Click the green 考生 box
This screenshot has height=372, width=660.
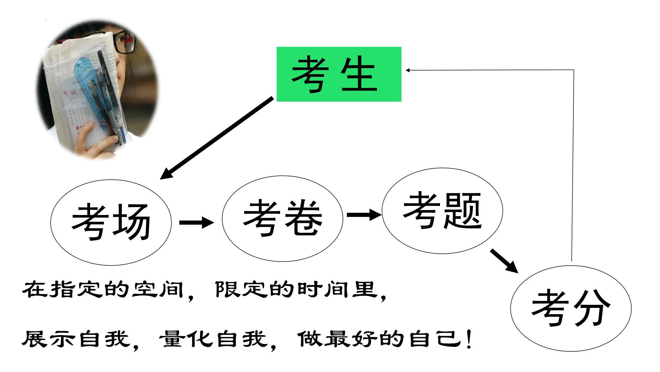tap(339, 74)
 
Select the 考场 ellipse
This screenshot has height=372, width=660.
tap(111, 223)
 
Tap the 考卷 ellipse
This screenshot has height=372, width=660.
tap(282, 218)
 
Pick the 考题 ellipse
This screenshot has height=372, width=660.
tap(442, 211)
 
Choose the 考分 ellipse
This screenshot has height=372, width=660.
tap(571, 308)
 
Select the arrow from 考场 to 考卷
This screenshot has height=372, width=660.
tap(196, 222)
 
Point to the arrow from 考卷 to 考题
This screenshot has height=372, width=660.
tap(364, 215)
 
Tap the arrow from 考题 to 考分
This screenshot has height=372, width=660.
tap(504, 260)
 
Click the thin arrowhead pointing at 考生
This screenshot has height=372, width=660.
tap(408, 70)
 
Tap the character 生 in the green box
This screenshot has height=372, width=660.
tap(359, 74)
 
